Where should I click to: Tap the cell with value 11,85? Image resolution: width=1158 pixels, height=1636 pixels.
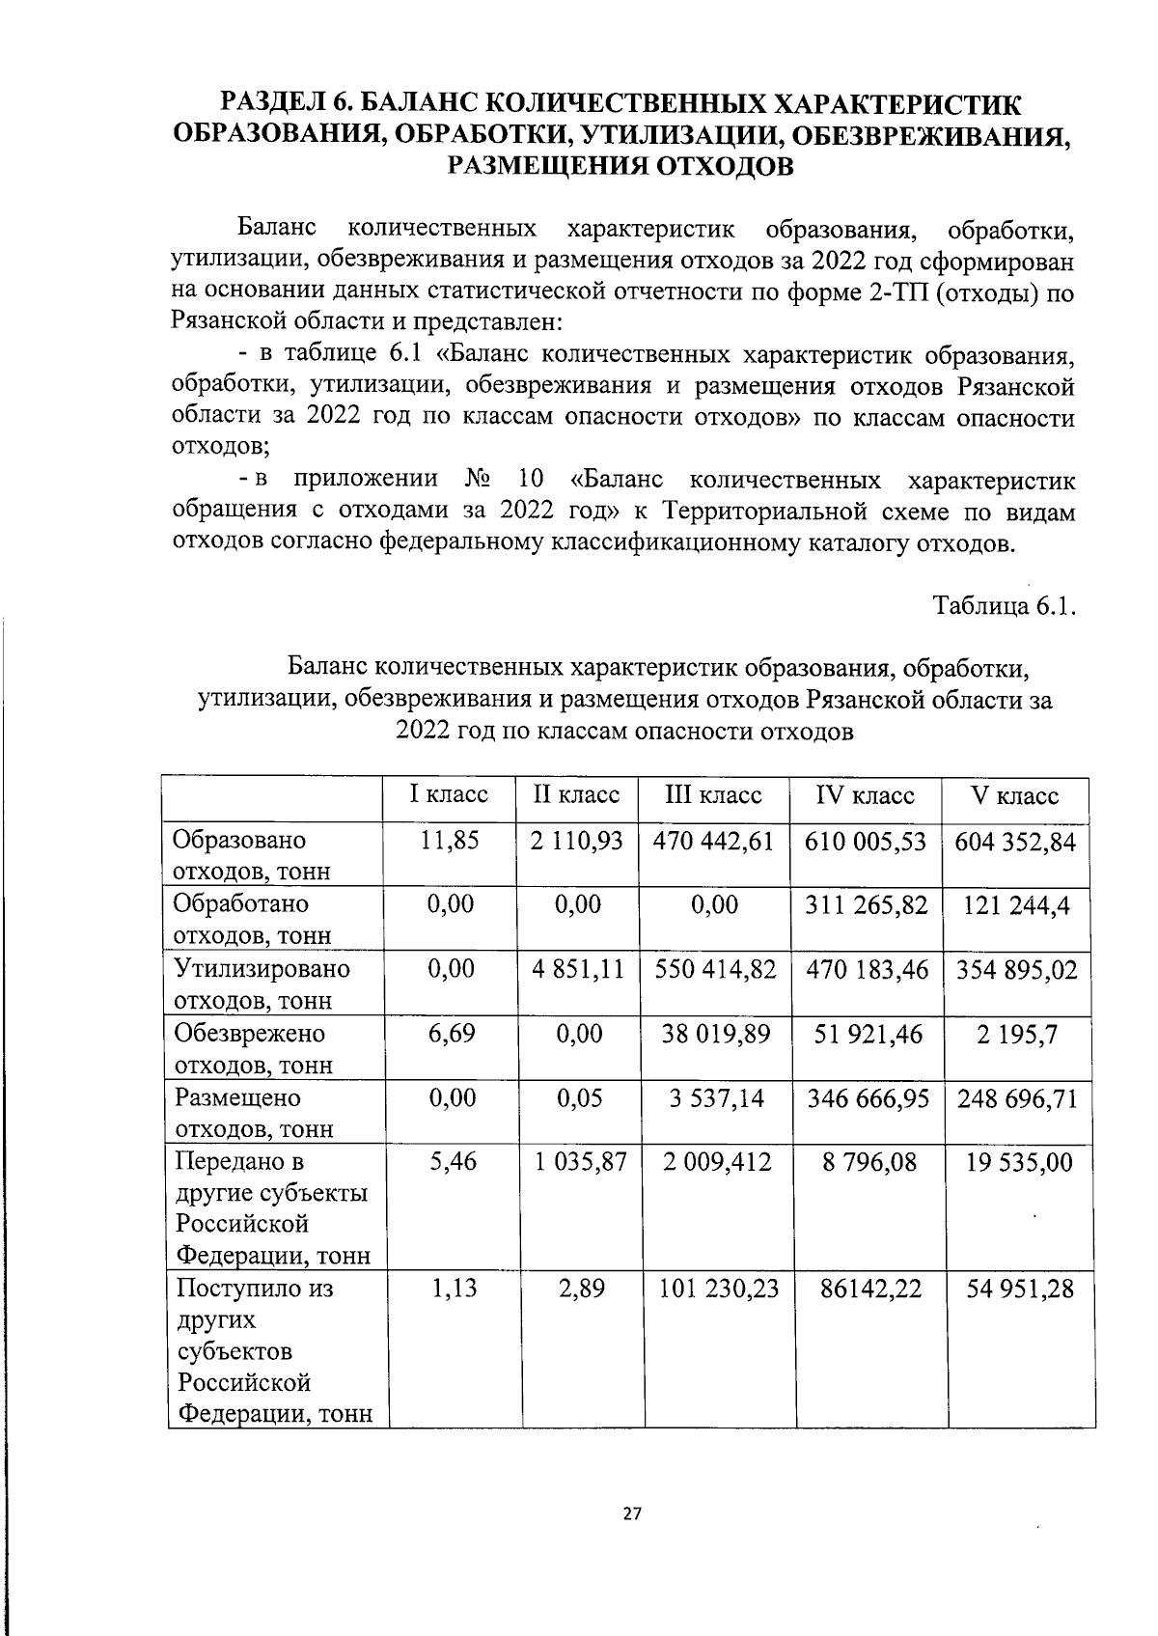tap(450, 840)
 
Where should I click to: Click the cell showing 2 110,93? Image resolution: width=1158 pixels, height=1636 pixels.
tap(577, 840)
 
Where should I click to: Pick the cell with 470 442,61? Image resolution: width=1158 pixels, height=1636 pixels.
tap(714, 841)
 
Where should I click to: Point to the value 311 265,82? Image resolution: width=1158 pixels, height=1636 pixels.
tap(866, 904)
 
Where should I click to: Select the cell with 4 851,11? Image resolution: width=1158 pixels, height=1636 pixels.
tap(578, 969)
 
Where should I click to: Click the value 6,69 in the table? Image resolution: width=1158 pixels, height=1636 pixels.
tap(451, 1033)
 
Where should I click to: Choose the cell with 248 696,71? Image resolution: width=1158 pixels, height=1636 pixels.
tap(1017, 1097)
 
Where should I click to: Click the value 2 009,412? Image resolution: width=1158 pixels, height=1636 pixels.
tap(716, 1161)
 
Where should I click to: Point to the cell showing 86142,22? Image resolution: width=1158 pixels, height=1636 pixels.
tap(869, 1289)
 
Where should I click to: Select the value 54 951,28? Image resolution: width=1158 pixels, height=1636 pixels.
tap(1020, 1289)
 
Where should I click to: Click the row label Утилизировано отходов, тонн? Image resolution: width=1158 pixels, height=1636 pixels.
tap(261, 983)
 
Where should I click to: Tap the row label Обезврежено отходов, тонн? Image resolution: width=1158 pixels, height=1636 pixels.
tap(252, 1047)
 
